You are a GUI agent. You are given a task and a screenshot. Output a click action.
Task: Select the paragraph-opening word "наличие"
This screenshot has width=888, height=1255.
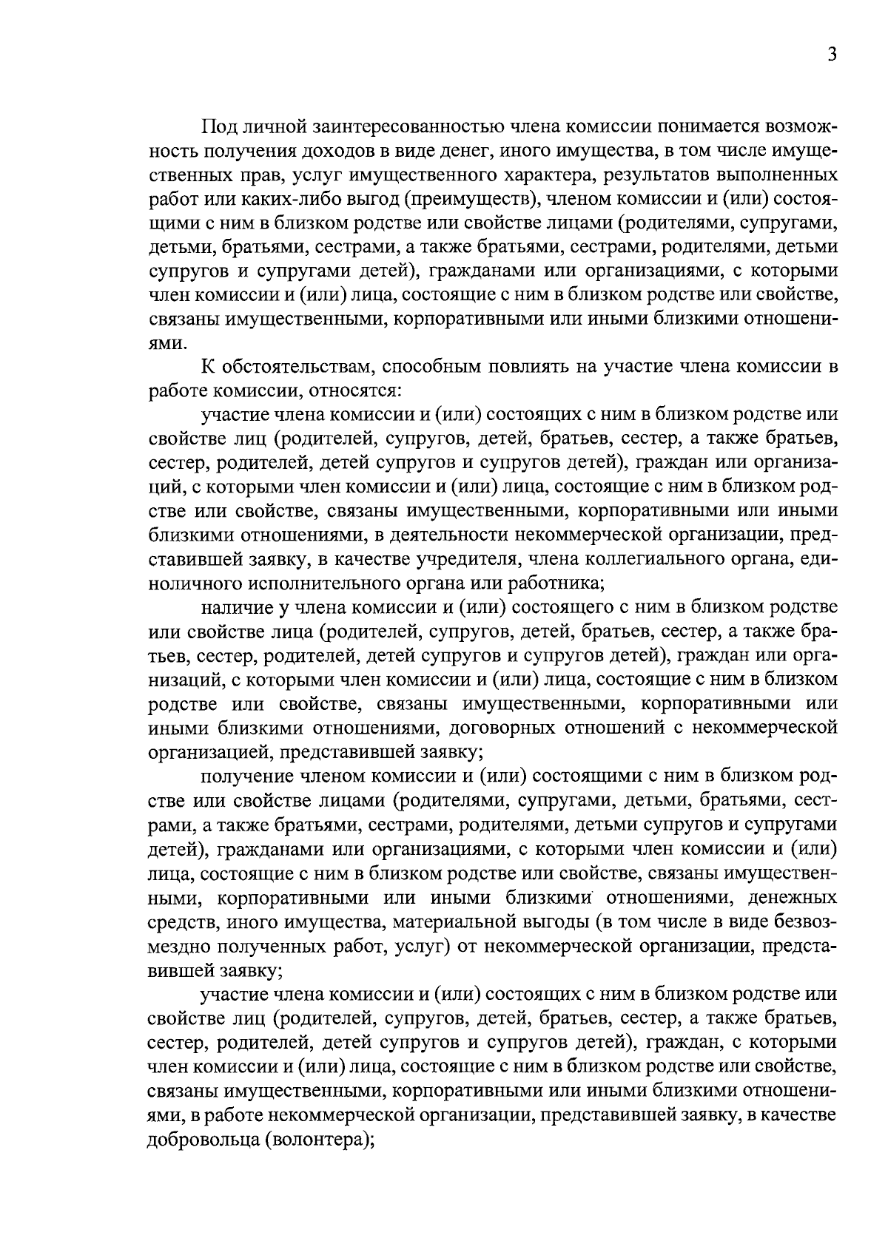[232, 608]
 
